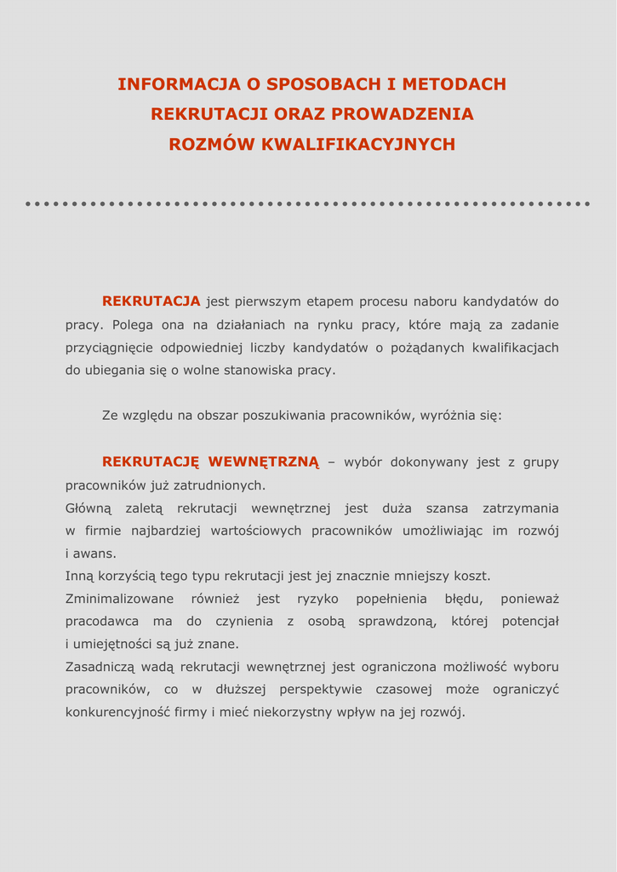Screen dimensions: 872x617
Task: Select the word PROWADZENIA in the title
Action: click(403, 114)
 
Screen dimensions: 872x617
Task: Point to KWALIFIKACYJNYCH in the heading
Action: click(358, 145)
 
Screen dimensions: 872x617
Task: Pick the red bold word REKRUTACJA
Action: click(151, 301)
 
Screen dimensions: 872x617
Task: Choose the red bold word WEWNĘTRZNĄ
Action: click(264, 462)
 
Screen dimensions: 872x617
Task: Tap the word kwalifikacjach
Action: click(515, 347)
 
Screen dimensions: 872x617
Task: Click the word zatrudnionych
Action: click(220, 485)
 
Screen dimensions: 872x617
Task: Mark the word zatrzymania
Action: click(520, 508)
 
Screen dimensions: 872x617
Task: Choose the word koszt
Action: click(472, 577)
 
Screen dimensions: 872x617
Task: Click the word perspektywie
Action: click(320, 689)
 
